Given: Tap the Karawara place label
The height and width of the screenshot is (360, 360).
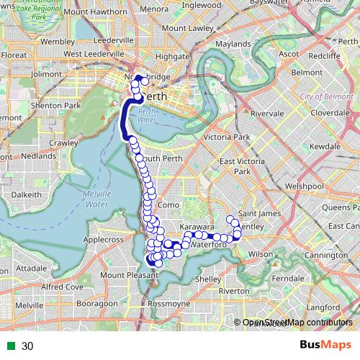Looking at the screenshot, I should [194, 227].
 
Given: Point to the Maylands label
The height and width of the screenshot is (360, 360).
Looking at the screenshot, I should [233, 44].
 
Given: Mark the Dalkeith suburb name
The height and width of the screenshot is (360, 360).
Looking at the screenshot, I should [26, 194].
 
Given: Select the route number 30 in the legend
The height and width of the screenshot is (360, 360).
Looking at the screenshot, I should [28, 346].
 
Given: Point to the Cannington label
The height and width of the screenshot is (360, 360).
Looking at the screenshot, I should [325, 256].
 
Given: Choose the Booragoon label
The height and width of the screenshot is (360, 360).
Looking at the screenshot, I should [91, 304].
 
